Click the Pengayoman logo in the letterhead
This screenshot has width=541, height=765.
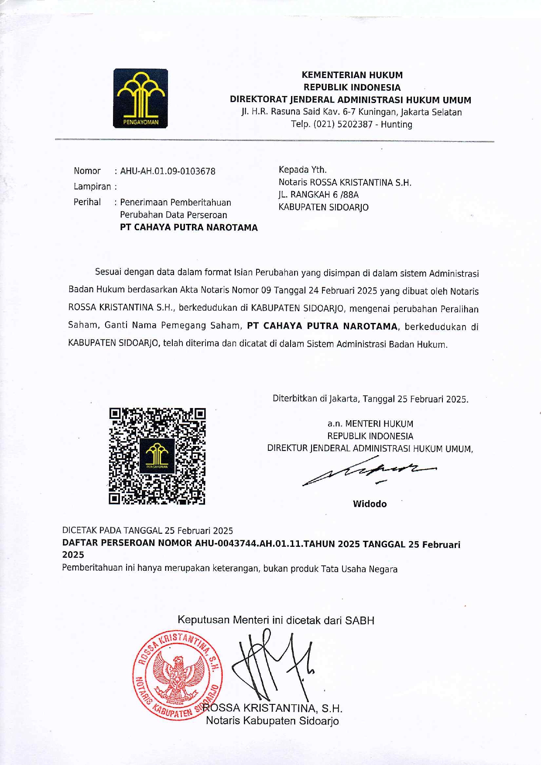click(140, 98)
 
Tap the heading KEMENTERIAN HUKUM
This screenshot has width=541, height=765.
click(352, 75)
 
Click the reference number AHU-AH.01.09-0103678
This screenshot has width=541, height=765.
click(168, 171)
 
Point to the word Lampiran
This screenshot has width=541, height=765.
click(92, 187)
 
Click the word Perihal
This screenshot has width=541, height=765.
click(87, 202)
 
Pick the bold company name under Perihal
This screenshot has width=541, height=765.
click(189, 227)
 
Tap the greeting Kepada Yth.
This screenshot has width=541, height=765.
click(303, 170)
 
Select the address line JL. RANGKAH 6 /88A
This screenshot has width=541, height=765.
click(318, 195)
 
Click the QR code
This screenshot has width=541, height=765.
click(157, 456)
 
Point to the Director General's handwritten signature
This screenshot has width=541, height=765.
click(369, 471)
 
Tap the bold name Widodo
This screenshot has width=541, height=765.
click(370, 504)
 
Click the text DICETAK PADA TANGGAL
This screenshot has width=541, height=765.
click(113, 531)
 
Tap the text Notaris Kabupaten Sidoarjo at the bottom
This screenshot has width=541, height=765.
click(272, 720)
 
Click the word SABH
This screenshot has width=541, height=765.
click(360, 620)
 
